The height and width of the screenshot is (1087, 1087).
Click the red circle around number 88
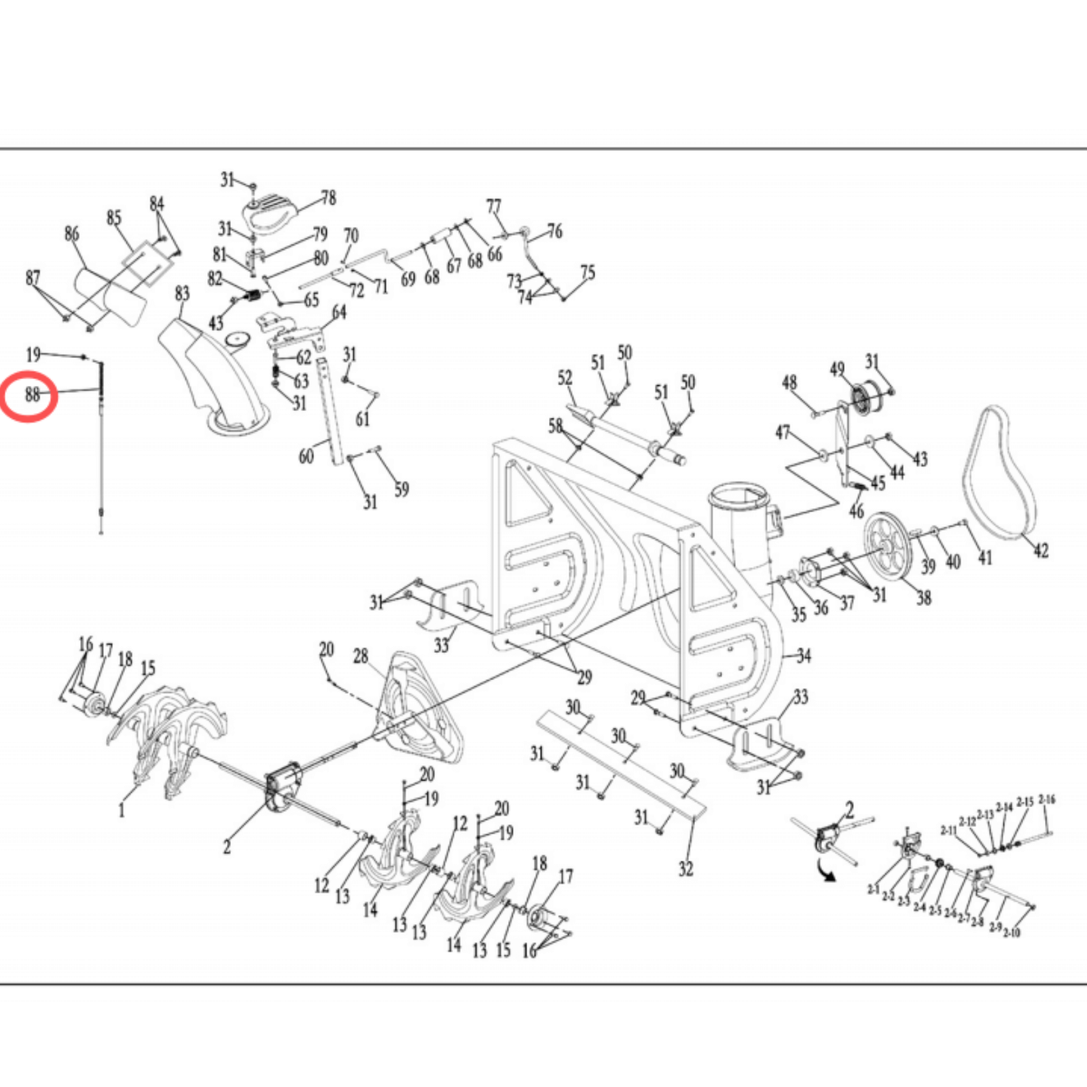(29, 396)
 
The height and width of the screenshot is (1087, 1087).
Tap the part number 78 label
(329, 198)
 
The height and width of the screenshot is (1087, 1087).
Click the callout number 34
(804, 656)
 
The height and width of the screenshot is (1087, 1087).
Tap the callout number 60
(306, 456)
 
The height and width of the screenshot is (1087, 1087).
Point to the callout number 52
(565, 378)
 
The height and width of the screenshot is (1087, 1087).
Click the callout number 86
(71, 234)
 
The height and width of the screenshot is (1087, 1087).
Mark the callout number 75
(588, 272)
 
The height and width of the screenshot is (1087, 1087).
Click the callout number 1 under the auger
(122, 810)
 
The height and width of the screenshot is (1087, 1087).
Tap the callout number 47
(783, 432)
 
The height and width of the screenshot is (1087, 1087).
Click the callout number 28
(360, 656)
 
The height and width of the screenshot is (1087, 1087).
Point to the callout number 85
(113, 217)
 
